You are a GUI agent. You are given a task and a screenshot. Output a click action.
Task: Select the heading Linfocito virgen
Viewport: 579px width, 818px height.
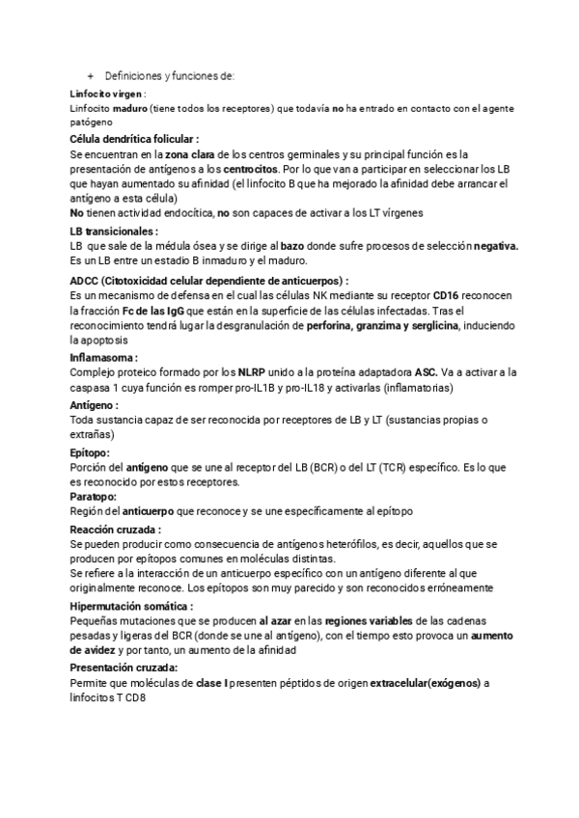pyautogui.click(x=106, y=94)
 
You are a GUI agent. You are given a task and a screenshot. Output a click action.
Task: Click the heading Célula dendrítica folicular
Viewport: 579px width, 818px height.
pyautogui.click(x=134, y=139)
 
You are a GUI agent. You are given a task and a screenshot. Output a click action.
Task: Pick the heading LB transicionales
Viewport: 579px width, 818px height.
pyautogui.click(x=114, y=232)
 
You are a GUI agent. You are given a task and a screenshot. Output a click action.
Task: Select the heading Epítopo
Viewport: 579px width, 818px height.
pyautogui.click(x=90, y=451)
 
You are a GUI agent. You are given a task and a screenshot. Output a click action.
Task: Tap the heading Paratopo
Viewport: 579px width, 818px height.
pyautogui.click(x=93, y=496)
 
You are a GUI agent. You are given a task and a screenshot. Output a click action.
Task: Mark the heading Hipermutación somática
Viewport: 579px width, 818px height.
pyautogui.click(x=130, y=606)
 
